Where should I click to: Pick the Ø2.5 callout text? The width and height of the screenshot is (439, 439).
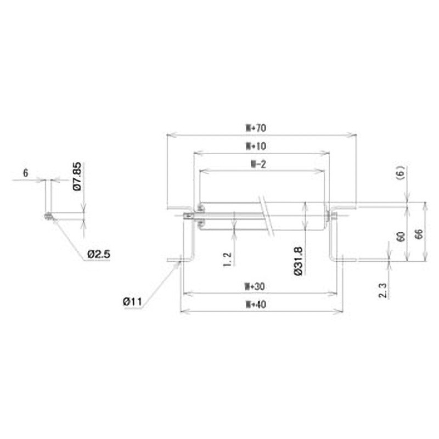coord(99,254)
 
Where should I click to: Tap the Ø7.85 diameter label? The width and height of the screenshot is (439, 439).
coord(77,176)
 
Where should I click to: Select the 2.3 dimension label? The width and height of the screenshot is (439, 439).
coord(384,290)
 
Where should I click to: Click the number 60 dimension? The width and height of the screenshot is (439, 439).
coord(400,238)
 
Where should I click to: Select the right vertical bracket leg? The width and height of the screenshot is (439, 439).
coord(331,241)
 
